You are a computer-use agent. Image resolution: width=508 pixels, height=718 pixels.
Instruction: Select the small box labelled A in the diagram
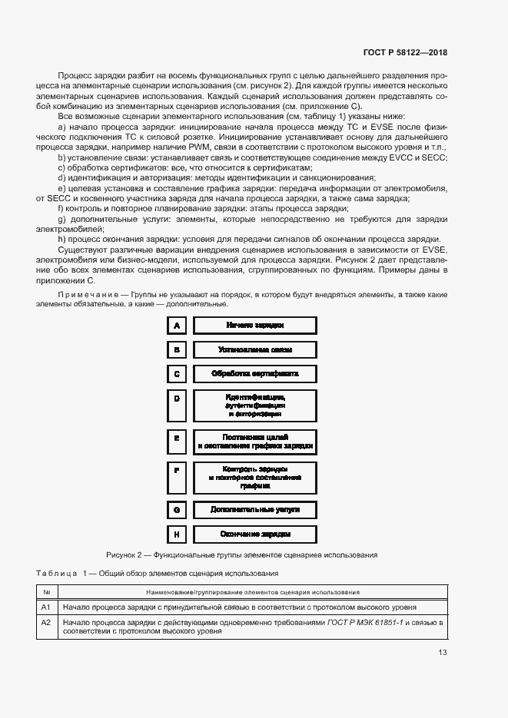click(x=177, y=326)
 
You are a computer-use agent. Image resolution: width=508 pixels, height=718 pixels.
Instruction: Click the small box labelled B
click(x=177, y=349)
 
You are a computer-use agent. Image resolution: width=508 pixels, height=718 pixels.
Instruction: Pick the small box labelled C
click(x=177, y=374)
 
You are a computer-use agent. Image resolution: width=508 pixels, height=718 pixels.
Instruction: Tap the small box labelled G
click(x=177, y=509)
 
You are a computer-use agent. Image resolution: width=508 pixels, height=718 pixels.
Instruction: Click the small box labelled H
click(x=177, y=534)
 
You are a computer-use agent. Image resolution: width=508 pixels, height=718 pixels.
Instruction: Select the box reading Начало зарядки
click(x=255, y=326)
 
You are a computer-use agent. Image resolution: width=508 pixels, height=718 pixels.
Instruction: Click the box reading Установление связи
click(x=255, y=349)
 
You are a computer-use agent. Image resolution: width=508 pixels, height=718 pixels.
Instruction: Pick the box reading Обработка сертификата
click(x=255, y=374)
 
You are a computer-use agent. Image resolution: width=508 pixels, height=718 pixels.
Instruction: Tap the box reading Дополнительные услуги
click(x=255, y=509)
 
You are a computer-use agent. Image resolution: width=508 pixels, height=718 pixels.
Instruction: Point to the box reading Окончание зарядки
click(x=255, y=534)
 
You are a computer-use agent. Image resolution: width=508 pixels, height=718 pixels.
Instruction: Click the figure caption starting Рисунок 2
click(x=241, y=554)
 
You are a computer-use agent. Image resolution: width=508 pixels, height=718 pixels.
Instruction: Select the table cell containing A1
click(x=46, y=607)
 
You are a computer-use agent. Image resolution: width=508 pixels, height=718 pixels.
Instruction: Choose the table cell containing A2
click(x=46, y=622)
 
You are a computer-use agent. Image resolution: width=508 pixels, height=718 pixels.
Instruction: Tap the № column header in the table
click(x=46, y=592)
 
